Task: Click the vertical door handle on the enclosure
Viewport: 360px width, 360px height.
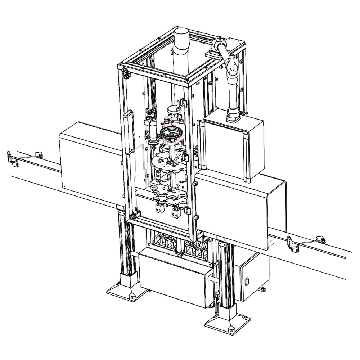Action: point(126,133)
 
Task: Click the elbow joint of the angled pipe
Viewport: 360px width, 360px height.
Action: point(231,66)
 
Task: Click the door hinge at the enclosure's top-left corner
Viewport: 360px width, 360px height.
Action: point(126,73)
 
